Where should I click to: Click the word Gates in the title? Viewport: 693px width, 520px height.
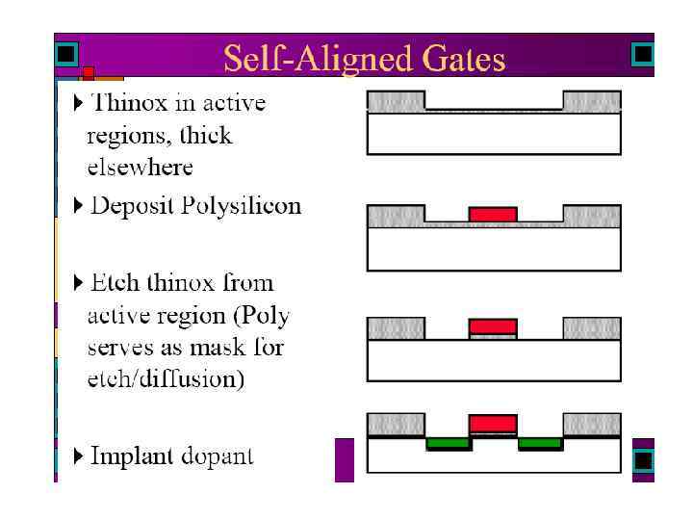pyautogui.click(x=458, y=60)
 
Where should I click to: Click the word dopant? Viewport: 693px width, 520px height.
pyautogui.click(x=219, y=456)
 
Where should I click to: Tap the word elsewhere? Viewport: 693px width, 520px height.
pyautogui.click(x=141, y=167)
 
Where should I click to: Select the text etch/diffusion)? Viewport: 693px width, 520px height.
pyautogui.click(x=166, y=378)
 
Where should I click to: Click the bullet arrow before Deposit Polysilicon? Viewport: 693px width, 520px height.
pyautogui.click(x=79, y=206)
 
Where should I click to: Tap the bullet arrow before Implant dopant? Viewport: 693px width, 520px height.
pyautogui.click(x=79, y=455)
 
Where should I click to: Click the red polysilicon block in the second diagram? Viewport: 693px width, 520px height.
pyautogui.click(x=492, y=214)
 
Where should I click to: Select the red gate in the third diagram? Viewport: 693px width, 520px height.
pyautogui.click(x=492, y=325)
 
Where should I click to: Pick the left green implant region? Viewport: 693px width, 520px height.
pyautogui.click(x=449, y=444)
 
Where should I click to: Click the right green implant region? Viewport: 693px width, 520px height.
pyautogui.click(x=539, y=444)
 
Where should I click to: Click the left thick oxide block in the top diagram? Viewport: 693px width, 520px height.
pyautogui.click(x=396, y=100)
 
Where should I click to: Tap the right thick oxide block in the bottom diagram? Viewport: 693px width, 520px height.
pyautogui.click(x=591, y=424)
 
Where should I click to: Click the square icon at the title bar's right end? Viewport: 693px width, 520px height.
pyautogui.click(x=642, y=54)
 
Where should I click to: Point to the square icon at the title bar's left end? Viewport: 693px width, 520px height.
pyautogui.click(x=65, y=54)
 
